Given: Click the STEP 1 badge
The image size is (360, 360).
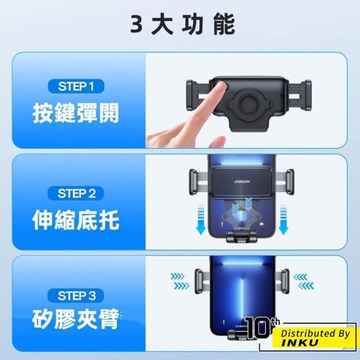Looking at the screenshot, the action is click(76, 86).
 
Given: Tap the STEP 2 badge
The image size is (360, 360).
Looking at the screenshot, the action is click(76, 193).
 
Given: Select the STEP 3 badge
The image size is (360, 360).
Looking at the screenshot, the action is click(76, 295).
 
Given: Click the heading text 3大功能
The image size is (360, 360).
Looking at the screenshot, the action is click(182, 24).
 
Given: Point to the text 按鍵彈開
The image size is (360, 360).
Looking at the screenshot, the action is click(76, 113).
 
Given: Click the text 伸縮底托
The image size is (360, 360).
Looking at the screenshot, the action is click(76, 220).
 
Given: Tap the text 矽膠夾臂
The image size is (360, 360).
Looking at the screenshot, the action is click(75, 319).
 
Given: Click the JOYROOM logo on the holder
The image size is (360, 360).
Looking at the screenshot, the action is click(242, 182).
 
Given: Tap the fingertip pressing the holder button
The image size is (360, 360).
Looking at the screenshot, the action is click(221, 87).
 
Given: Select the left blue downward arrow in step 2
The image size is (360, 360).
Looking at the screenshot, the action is click(201, 220).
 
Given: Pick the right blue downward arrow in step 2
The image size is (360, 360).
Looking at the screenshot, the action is click(283, 220).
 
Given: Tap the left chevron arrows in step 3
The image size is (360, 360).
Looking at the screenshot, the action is click(180, 281).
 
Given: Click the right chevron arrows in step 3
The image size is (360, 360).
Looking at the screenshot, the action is click(304, 281).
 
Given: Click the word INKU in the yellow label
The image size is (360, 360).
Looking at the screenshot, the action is click(300, 343).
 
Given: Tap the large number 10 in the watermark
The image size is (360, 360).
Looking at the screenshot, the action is click(256, 328).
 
